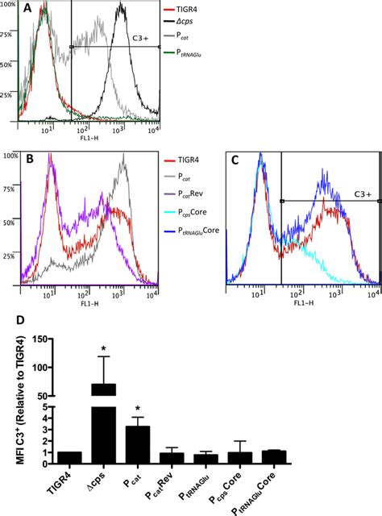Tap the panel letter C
pos(236,161)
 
